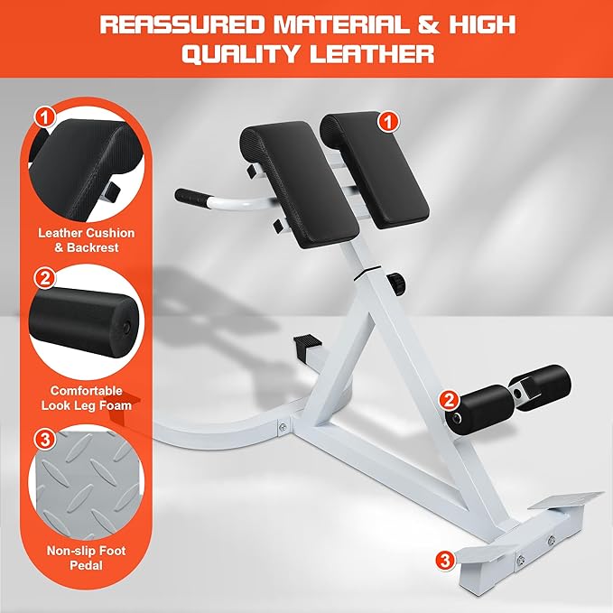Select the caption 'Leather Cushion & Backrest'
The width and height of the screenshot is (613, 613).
[x=87, y=239]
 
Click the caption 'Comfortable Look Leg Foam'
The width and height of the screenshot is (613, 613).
[x=87, y=399]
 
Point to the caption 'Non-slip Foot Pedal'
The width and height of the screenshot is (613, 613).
[x=87, y=557]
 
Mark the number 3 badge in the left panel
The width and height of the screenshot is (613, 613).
[x=44, y=440]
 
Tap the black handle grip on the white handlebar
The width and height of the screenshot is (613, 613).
[x=192, y=195]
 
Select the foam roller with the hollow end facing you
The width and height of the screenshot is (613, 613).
[x=475, y=412]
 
